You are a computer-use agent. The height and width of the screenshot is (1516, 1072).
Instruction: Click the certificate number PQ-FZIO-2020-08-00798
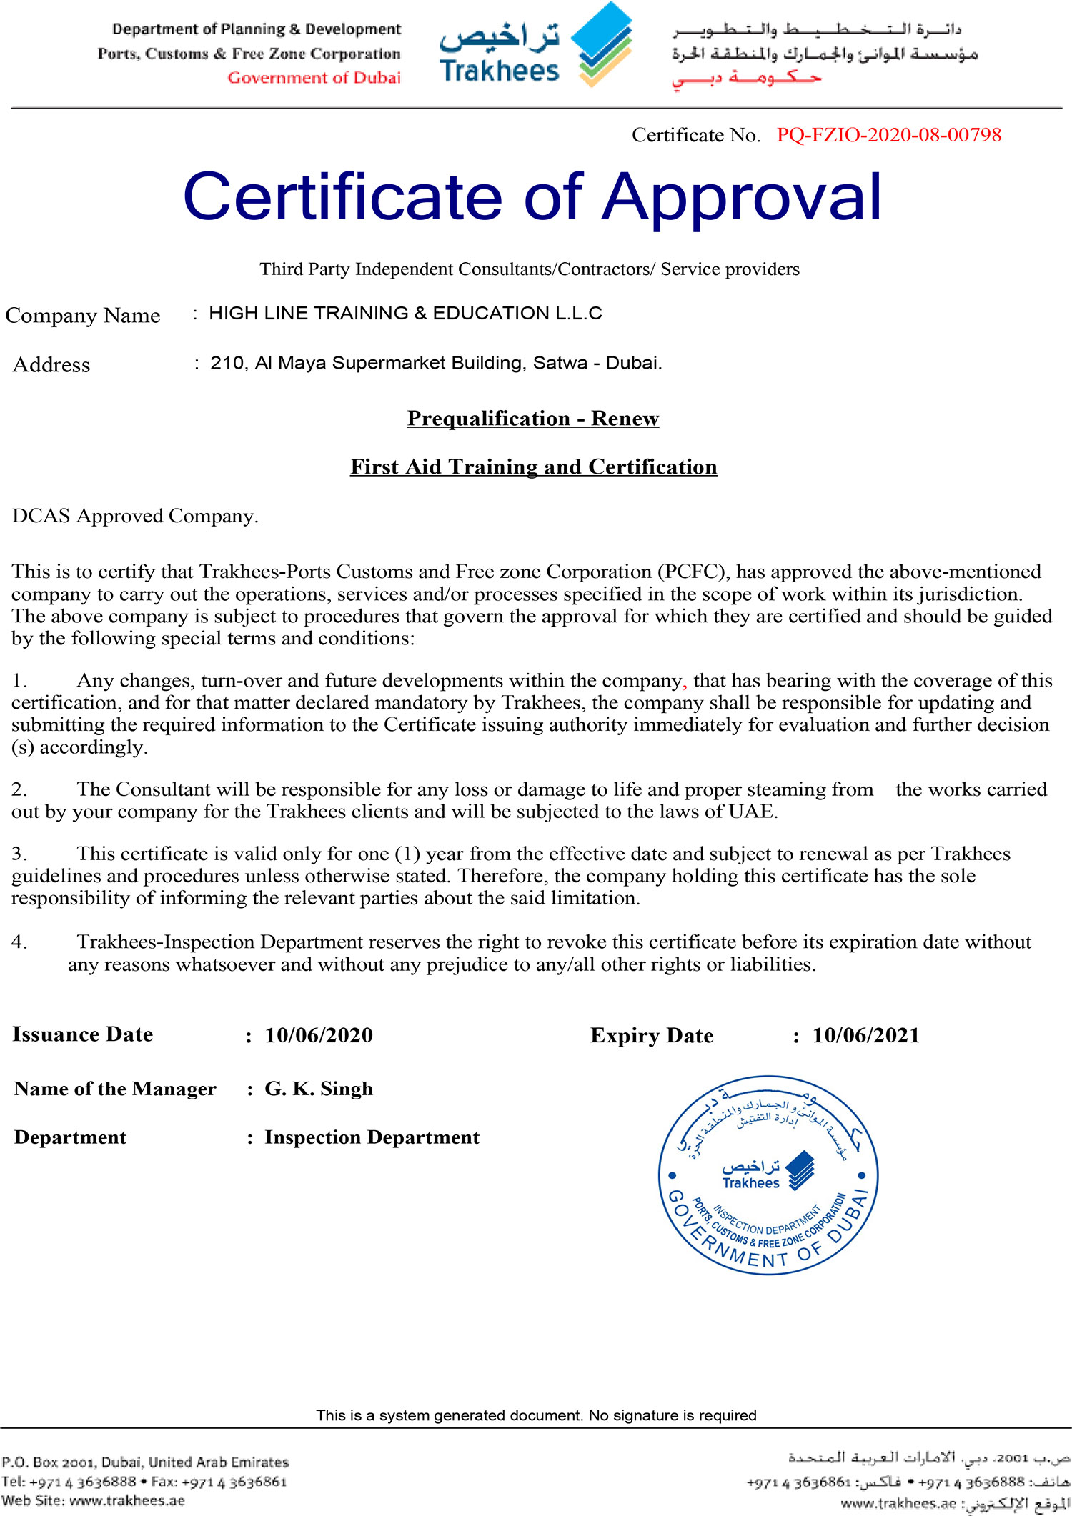[x=888, y=135]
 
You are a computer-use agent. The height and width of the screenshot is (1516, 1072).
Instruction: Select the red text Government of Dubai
[x=314, y=78]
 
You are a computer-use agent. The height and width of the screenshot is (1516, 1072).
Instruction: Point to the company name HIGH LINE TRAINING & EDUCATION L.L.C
[x=405, y=314]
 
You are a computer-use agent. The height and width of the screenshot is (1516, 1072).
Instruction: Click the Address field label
[x=51, y=365]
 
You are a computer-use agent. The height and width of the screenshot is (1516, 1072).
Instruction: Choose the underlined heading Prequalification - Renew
[x=532, y=419]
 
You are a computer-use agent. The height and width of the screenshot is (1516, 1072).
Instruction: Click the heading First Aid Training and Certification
[x=533, y=467]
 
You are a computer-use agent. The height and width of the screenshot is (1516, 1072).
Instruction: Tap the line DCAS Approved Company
[x=135, y=517]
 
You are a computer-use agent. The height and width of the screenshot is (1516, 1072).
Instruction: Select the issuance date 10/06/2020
[x=319, y=1036]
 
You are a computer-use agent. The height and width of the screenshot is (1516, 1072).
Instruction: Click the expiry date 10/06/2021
[x=866, y=1036]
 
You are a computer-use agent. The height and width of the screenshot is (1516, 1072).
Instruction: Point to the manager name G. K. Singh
[x=319, y=1089]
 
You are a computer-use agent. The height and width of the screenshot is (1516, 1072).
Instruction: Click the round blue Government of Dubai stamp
[x=768, y=1175]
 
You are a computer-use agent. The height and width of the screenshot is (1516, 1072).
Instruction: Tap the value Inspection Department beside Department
[x=372, y=1138]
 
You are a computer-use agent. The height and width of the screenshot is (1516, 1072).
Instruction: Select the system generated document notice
[x=536, y=1415]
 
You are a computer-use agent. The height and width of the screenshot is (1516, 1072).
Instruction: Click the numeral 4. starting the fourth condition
[x=19, y=943]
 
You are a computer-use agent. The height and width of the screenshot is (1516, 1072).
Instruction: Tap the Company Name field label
[x=82, y=316]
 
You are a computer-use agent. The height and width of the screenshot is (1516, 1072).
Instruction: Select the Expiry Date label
[x=652, y=1036]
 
